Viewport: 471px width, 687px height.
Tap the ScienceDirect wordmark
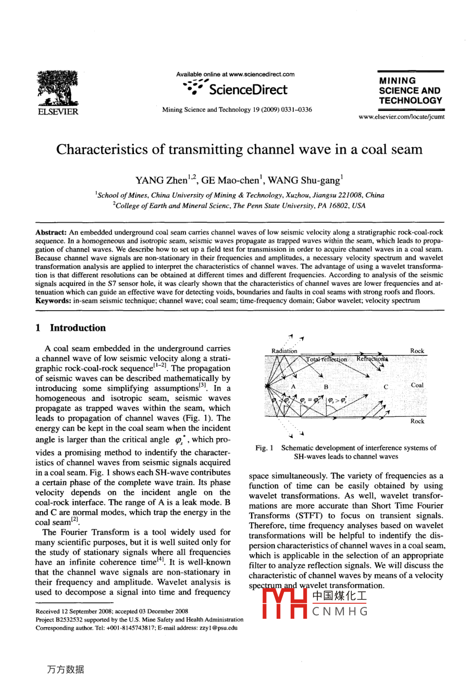coord(247,90)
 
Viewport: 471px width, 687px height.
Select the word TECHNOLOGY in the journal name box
coord(411,100)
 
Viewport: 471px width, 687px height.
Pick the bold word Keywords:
coord(53,300)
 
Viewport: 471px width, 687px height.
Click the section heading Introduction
coord(78,328)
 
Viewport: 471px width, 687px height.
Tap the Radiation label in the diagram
coord(284,351)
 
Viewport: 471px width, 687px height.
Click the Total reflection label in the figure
coord(327,359)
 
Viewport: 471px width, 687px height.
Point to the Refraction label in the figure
coord(371,359)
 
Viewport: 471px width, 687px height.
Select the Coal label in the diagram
coord(417,385)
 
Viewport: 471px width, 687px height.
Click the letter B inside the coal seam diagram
coord(326,387)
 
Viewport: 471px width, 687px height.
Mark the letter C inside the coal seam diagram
coord(386,387)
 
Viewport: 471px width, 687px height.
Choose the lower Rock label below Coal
coord(417,421)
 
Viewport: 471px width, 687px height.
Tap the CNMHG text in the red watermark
coord(340,612)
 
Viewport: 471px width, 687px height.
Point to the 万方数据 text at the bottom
coord(65,669)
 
